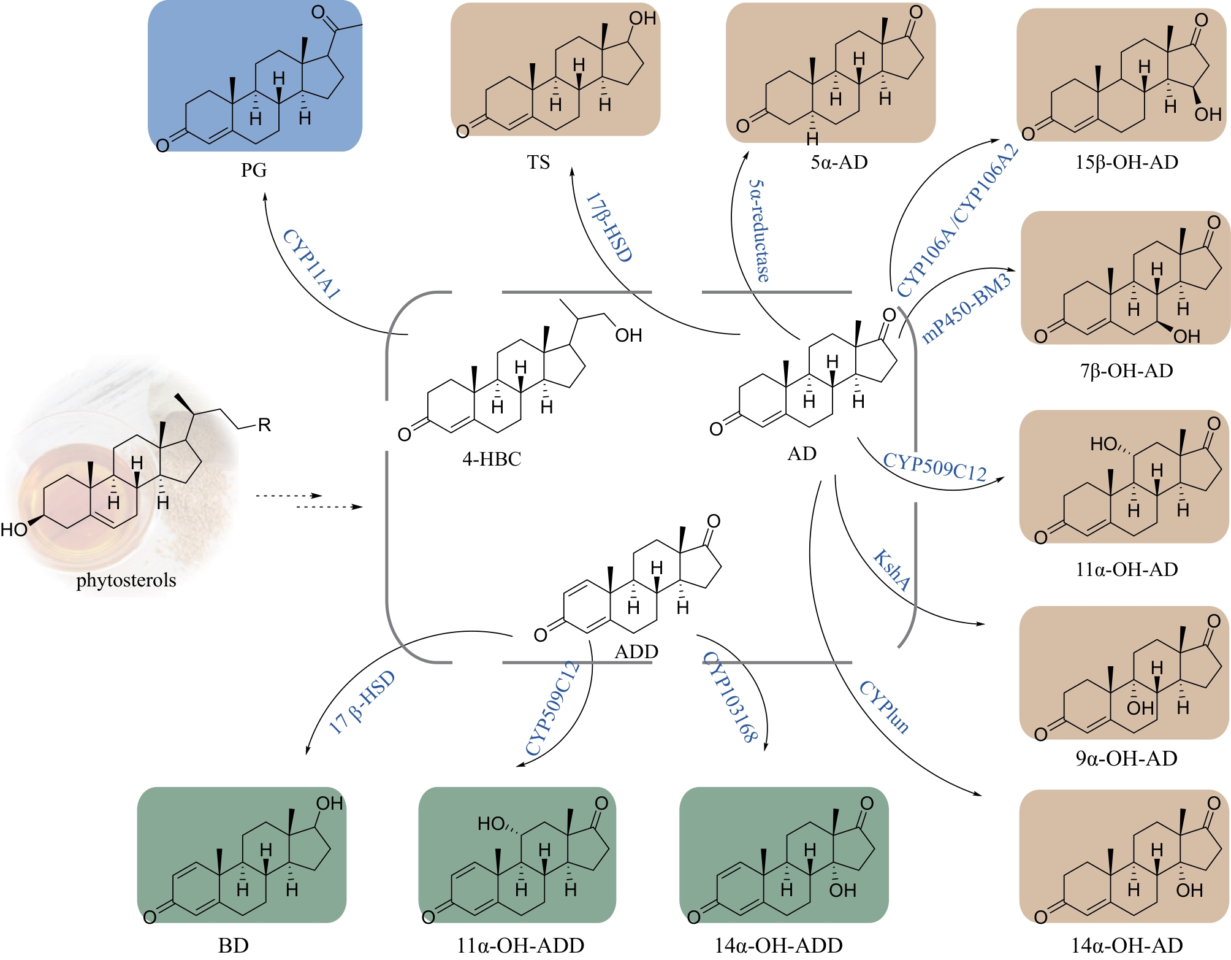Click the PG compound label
[x=253, y=170]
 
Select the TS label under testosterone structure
[x=538, y=163]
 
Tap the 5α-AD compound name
[x=839, y=163]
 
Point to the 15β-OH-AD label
[x=1126, y=163]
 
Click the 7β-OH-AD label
[x=1126, y=371]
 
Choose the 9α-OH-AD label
[x=1126, y=758]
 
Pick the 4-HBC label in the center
[x=492, y=459]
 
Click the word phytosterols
[x=126, y=580]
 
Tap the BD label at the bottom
[x=234, y=945]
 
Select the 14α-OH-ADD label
[x=778, y=945]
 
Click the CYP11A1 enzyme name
[x=311, y=264]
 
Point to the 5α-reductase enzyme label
[x=760, y=231]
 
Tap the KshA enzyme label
[x=891, y=570]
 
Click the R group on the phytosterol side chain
[x=264, y=425]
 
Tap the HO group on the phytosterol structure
[x=13, y=529]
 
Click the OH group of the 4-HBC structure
[x=628, y=336]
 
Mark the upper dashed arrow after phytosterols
[x=288, y=496]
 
